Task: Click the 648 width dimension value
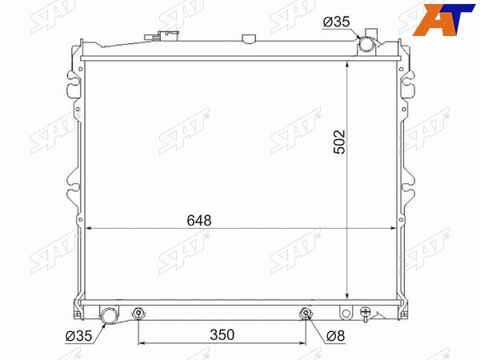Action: coord(199,221)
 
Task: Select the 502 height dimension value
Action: coord(339,142)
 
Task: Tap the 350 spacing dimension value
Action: coord(222,335)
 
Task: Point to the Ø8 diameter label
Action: coord(336,336)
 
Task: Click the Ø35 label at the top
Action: coord(337,22)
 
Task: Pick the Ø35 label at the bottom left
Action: coord(78,336)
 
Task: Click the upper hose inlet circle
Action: coord(366,43)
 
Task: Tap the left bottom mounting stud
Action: coord(138,313)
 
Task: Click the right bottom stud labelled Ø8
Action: coord(306,313)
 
